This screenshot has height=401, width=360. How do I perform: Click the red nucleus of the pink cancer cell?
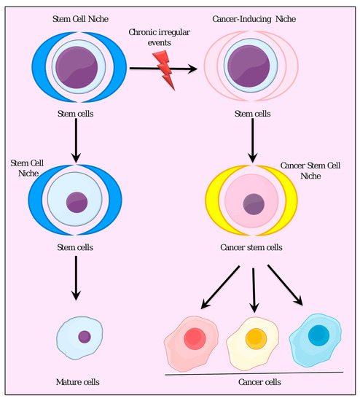pyautogui.click(x=195, y=338)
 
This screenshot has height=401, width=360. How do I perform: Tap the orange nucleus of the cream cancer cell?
pyautogui.click(x=255, y=338)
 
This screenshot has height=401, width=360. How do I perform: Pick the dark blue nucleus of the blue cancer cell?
pyautogui.click(x=318, y=335)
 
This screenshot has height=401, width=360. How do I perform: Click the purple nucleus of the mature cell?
pyautogui.click(x=85, y=337)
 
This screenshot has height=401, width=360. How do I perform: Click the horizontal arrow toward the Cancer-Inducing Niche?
pyautogui.click(x=164, y=69)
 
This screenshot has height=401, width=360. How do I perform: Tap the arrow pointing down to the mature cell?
pyautogui.click(x=76, y=280)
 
